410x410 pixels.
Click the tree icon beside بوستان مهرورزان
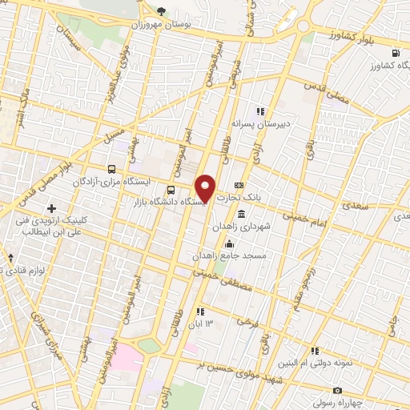point(161,11)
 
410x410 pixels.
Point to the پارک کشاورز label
point(376,62)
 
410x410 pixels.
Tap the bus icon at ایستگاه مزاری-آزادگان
point(111,169)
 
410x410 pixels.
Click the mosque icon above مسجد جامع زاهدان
point(230,243)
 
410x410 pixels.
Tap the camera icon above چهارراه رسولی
point(337,391)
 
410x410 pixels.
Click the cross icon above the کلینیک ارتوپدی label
point(52,209)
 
